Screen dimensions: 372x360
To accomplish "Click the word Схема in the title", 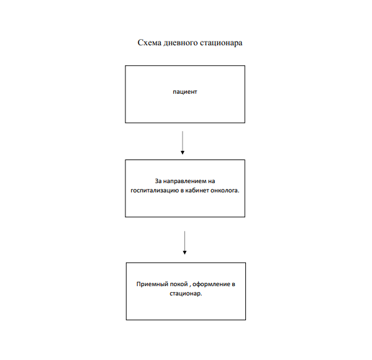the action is coord(150,43).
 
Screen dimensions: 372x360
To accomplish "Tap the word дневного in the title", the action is coord(181,43).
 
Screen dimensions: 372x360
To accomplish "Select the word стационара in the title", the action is coord(221,43).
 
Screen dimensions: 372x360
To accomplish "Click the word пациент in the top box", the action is coord(185,92).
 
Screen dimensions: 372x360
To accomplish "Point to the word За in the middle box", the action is coord(158,181).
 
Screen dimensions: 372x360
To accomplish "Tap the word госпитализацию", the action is coord(155,191).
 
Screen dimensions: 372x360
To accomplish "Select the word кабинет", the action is coord(197,191).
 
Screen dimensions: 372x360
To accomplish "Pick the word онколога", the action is coord(224,191).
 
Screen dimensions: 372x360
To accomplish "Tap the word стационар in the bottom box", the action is coord(185,294).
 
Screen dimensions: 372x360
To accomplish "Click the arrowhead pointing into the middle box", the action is coord(183,153).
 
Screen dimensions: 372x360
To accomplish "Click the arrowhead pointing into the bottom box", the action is coord(184,253).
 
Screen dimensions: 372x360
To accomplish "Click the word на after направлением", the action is coord(211,181).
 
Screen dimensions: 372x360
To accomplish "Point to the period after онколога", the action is coord(238,192).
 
